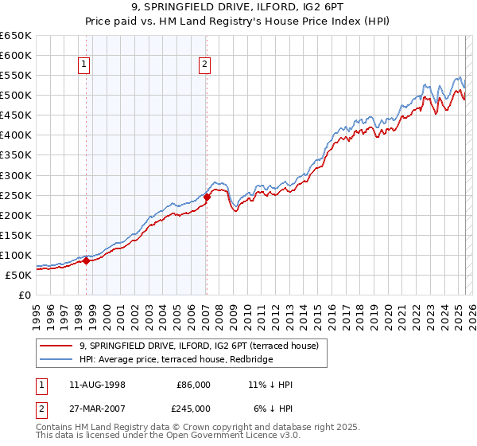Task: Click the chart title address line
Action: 238,7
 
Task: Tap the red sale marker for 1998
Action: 86,260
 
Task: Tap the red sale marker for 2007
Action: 207,197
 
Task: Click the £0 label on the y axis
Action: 25,295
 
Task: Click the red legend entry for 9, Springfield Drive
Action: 199,346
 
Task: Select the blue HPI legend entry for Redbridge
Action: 176,360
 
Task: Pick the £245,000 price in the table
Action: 193,409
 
